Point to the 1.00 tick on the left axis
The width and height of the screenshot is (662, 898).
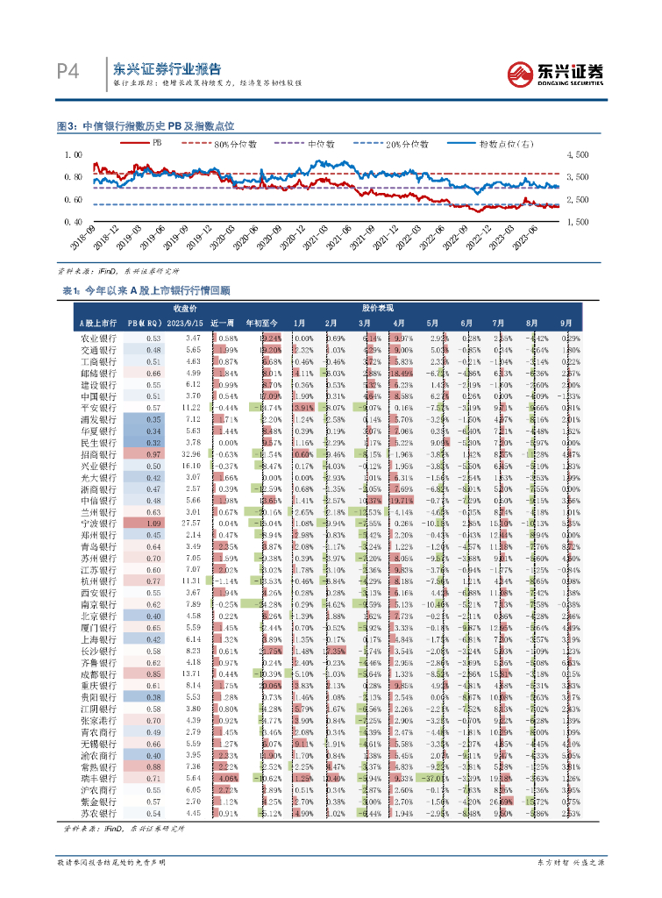pos(74,154)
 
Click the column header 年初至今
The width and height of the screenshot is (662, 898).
pos(261,323)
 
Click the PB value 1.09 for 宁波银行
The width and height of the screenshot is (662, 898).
pos(153,523)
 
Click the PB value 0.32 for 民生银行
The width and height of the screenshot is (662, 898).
pos(153,444)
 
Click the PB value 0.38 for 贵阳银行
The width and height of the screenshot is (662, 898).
pos(153,695)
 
